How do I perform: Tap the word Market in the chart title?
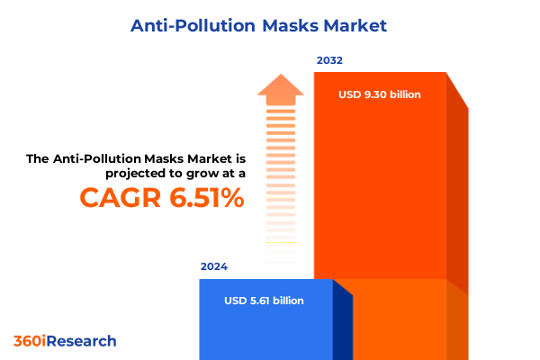click(355, 25)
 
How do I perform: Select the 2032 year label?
click(328, 61)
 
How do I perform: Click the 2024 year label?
click(214, 266)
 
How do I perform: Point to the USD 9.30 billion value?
click(380, 94)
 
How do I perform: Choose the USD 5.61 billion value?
click(265, 301)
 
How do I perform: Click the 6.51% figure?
click(206, 198)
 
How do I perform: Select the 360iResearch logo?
click(65, 341)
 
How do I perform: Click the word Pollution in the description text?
click(106, 158)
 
